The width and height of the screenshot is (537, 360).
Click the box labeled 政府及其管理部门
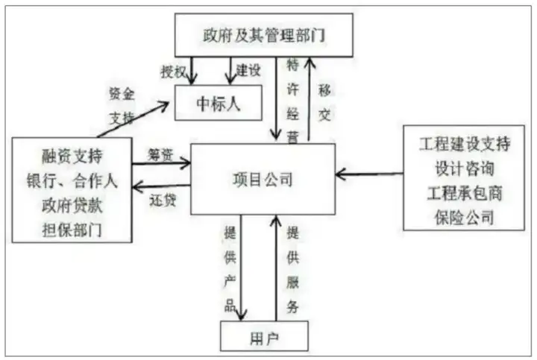click(264, 35)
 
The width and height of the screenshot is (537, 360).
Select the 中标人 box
click(219, 103)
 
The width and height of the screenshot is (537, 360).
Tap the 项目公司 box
click(263, 179)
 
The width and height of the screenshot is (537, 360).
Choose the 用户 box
click(264, 336)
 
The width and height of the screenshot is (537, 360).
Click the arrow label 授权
click(173, 72)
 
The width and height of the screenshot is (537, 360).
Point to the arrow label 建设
click(248, 70)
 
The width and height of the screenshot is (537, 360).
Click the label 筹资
click(160, 155)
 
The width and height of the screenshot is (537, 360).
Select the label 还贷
click(163, 200)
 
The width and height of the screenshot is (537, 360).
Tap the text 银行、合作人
click(72, 180)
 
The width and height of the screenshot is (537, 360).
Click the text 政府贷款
click(72, 205)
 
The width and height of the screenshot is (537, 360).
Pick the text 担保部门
click(72, 230)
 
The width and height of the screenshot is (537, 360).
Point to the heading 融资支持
click(72, 156)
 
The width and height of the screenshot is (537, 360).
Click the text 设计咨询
click(465, 168)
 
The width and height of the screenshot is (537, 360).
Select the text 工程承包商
click(465, 193)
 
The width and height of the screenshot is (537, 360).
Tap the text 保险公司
click(465, 218)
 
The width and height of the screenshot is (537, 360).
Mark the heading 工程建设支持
click(465, 143)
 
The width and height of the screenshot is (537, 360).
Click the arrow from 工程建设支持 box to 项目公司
click(369, 174)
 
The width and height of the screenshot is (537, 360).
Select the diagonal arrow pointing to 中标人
click(133, 120)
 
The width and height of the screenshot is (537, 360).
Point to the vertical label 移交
click(324, 103)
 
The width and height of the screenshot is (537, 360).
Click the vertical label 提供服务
click(293, 270)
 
